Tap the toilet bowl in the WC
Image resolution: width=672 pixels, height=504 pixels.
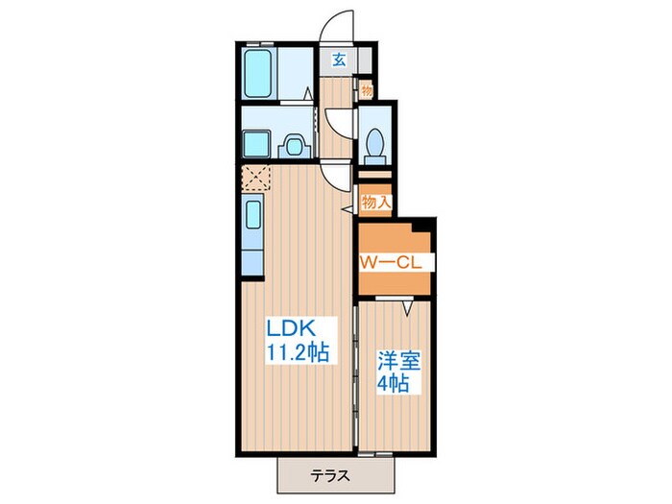(x=375, y=142)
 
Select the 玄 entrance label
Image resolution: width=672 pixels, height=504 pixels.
(x=339, y=60)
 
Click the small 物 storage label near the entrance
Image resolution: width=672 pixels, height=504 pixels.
(x=366, y=90)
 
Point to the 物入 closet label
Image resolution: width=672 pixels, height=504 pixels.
(x=375, y=202)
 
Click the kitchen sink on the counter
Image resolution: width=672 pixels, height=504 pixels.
(x=253, y=213)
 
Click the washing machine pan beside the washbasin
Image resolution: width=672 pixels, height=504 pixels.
(x=256, y=145)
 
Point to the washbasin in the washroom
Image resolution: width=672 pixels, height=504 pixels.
(x=294, y=147)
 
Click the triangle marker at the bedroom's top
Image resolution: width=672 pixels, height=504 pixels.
(x=407, y=309)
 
